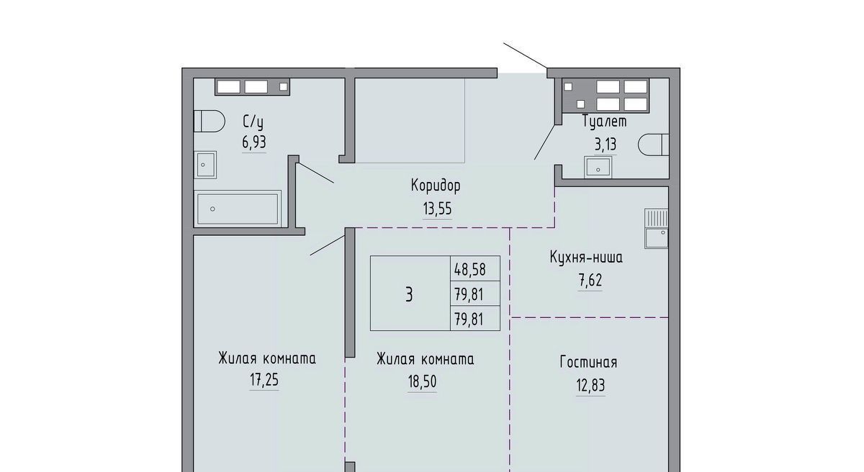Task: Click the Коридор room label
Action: point(436,186)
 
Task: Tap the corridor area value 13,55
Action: point(438,209)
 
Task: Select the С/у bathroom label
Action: point(253,122)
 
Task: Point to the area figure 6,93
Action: point(253,142)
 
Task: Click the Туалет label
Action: point(604,122)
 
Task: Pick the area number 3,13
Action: point(606,145)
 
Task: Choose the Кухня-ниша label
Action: point(586,257)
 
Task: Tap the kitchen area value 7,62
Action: point(590,280)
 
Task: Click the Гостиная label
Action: point(589,362)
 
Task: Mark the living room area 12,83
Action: point(590,385)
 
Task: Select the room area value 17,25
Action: point(264,381)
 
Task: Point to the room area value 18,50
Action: point(423,382)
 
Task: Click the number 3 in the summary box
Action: point(409,295)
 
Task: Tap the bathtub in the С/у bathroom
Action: point(238,209)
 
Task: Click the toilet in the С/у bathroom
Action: point(209,121)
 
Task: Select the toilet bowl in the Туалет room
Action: point(654,145)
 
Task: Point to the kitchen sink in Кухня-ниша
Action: point(657,229)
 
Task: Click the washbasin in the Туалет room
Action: point(598,167)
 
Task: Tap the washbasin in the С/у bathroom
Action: point(205,165)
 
